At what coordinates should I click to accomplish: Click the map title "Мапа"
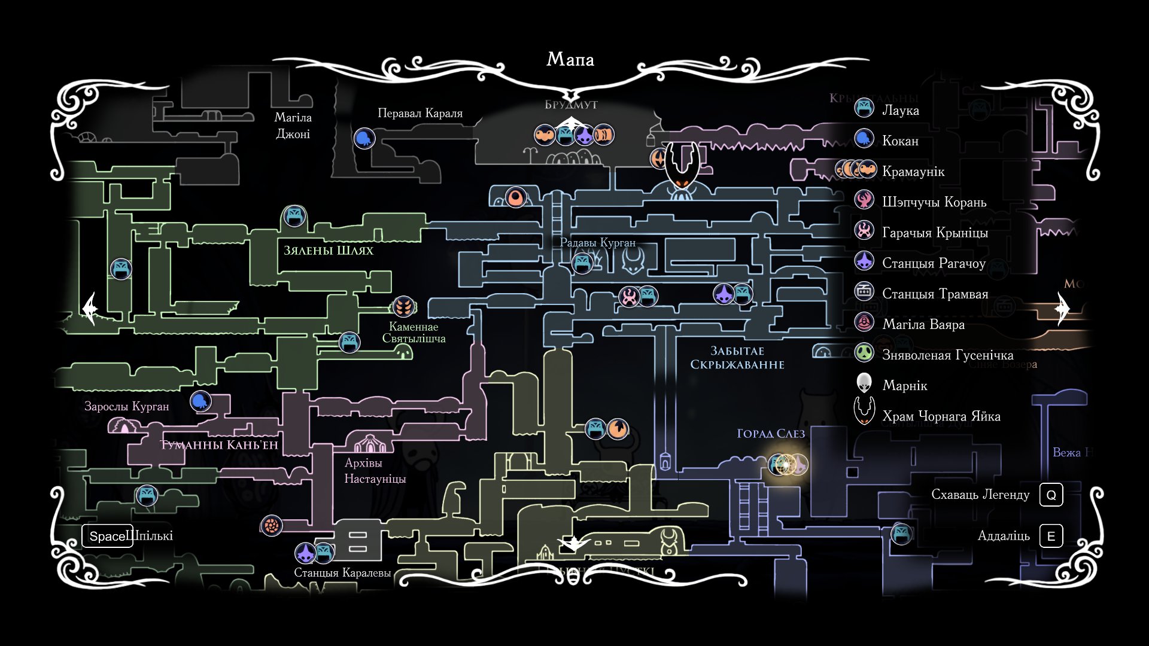point(570,59)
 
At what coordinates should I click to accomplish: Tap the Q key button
point(1051,495)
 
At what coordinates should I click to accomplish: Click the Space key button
point(108,536)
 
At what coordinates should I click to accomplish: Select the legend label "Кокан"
point(900,141)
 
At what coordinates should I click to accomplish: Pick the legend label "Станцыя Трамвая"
point(935,294)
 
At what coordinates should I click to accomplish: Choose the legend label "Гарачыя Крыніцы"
point(935,233)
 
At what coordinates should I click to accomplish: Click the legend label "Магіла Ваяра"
point(923,325)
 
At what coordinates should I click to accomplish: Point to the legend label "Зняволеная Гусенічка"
point(947,355)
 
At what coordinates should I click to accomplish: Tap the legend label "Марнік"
point(904,386)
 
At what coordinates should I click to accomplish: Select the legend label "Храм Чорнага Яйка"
point(941,416)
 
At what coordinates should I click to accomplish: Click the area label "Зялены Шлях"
point(329,251)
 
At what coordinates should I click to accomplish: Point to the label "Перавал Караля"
point(420,113)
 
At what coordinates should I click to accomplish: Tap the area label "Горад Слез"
point(771,434)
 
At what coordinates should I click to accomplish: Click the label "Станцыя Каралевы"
point(342,572)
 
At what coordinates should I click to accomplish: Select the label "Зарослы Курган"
point(127,407)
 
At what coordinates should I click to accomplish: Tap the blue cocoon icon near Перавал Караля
point(364,139)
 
